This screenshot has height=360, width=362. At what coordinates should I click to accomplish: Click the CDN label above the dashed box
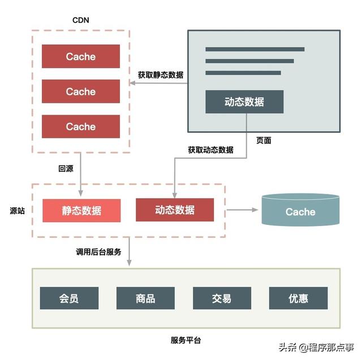80,20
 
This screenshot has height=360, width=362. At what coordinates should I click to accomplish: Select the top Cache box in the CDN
81,57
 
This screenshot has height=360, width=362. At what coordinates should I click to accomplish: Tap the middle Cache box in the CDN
81,92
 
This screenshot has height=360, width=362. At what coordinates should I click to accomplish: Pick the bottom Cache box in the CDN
81,127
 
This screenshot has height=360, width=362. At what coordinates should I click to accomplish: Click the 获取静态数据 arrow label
161,75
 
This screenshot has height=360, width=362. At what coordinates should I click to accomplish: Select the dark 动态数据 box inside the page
244,102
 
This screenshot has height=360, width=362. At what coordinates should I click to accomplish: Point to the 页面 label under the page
264,141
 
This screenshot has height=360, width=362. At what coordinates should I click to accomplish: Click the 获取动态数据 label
210,150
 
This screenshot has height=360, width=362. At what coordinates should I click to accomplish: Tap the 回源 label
66,168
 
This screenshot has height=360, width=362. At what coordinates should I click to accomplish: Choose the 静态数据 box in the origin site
81,211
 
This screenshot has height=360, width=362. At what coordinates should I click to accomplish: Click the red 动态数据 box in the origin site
175,210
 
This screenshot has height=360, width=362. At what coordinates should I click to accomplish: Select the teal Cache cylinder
300,210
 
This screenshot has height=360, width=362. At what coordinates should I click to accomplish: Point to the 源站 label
18,211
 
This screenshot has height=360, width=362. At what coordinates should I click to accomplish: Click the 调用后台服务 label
98,252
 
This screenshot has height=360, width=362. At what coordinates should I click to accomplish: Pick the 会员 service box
69,298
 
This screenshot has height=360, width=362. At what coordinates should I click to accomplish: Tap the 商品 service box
145,298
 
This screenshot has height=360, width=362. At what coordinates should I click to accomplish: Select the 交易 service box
222,298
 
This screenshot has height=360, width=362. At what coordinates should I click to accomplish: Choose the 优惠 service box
298,298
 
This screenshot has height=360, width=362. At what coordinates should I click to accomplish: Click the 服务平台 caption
186,340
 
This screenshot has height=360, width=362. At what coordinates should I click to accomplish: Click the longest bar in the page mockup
255,49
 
